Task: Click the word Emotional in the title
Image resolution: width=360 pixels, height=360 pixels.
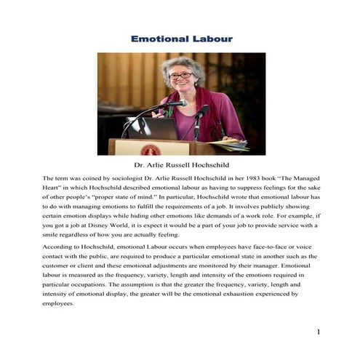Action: point(156,38)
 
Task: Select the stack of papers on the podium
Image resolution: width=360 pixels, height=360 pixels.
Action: point(235,145)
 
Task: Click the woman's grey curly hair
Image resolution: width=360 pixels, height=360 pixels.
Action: point(180,64)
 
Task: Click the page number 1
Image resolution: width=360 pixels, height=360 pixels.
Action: point(319,332)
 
